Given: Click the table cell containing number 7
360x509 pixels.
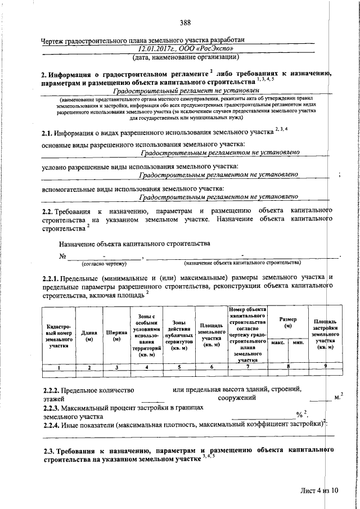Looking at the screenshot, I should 247,367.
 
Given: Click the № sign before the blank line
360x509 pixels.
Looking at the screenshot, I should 62,256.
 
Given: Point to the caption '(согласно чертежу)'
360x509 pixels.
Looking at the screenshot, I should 103,263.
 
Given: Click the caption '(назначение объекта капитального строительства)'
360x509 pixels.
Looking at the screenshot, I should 242,263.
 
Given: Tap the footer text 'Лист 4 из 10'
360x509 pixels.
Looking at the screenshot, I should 319,490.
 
